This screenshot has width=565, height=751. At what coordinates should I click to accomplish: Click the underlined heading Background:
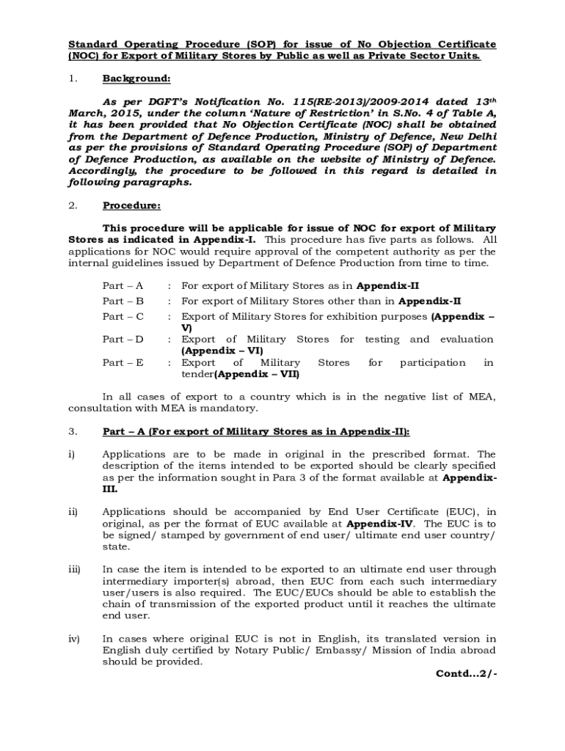[x=136, y=78]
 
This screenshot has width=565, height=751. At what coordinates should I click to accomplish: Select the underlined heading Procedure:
[x=131, y=205]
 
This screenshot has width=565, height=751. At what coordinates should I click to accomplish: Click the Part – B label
[x=123, y=301]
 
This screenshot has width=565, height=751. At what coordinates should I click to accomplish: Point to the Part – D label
[x=123, y=339]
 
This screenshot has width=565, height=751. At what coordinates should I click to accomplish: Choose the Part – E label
[x=123, y=362]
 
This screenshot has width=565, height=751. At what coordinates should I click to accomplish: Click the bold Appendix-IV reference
[x=380, y=524]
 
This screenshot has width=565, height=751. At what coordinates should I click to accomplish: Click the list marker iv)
[x=73, y=638]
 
